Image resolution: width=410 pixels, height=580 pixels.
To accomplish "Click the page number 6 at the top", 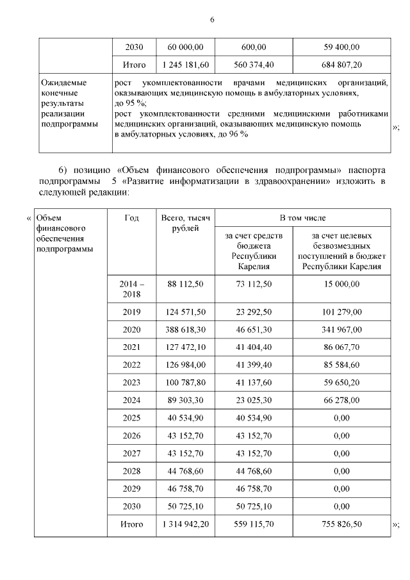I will pos(212,20).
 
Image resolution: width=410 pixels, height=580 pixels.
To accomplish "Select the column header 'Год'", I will pos(131,218).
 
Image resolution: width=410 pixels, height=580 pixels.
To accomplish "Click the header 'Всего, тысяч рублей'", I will pos(186,224).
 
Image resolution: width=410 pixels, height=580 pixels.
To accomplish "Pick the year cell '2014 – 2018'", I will pos(131,289).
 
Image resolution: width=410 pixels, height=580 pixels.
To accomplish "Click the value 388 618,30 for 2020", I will pos(186,329).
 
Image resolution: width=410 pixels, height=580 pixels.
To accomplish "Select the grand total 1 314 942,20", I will pos(186,524).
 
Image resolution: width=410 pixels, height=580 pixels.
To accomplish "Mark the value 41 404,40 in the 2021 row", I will pos(253,347).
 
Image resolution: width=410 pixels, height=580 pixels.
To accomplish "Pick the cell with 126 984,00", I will pos(186,365).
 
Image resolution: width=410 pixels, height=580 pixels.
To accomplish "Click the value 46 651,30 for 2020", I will pos(253,329).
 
